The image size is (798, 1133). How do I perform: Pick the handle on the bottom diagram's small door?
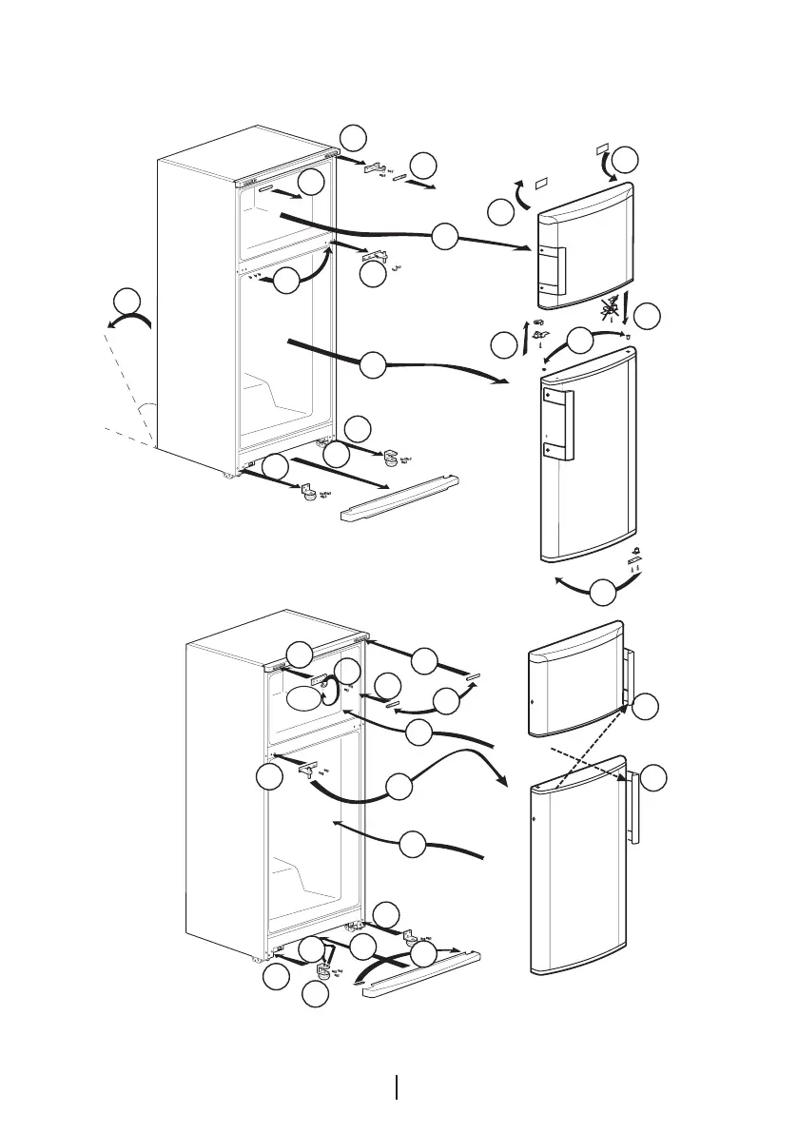[x=627, y=678]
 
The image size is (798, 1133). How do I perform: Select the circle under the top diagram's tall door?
[x=602, y=595]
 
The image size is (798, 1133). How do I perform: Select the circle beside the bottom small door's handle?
[x=646, y=706]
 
